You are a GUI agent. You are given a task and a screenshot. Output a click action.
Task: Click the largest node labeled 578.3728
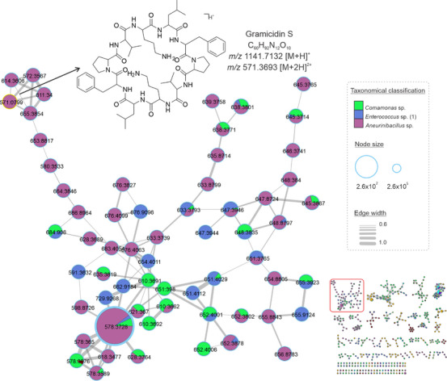(120, 325)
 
